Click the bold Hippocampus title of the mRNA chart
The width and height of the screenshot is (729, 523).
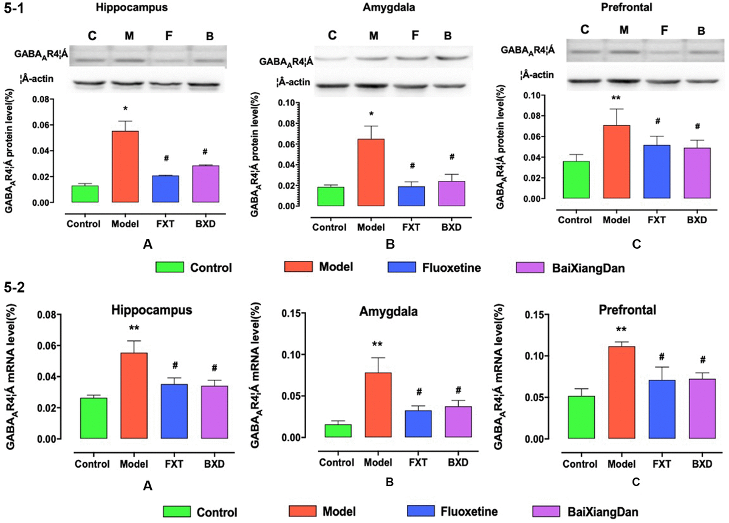click(x=152, y=309)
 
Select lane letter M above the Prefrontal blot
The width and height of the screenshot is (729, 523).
click(x=625, y=29)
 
